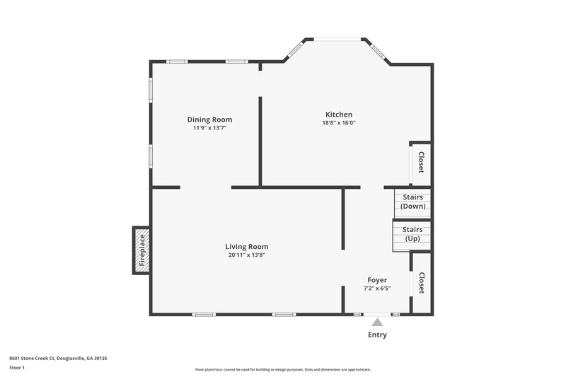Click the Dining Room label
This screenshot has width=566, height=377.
pos(209,120)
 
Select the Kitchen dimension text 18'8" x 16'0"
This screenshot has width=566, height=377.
pos(338,123)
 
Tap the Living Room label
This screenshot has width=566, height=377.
pos(247,247)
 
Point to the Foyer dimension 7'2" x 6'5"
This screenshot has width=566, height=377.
pos(376,289)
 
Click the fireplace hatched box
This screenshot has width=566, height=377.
pos(141,250)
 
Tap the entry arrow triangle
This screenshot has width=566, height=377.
pos(377,323)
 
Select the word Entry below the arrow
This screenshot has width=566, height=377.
pos(377,335)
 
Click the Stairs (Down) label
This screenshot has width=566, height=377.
pos(412,202)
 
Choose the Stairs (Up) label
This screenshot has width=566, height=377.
pos(412,235)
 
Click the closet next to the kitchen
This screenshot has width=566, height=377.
pos(421,163)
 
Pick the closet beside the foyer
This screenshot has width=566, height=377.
pos(422,283)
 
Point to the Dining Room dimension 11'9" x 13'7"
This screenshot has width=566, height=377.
pos(209,128)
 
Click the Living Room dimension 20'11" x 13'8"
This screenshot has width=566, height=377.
pos(247,255)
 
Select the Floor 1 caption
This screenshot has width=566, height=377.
pos(17,369)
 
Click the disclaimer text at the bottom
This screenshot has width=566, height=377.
pos(283,370)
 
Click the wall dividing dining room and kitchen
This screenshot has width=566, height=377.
pos(260,141)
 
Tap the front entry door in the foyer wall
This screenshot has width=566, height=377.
pos(376,314)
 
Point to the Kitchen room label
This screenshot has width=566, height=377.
pos(338,115)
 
